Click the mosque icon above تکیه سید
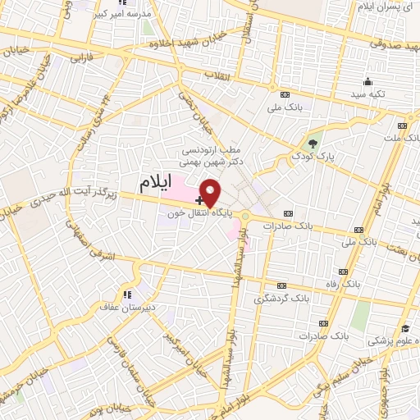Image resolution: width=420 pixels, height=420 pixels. coord(368,82)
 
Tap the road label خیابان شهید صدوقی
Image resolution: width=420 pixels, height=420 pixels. coord(369,48)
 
